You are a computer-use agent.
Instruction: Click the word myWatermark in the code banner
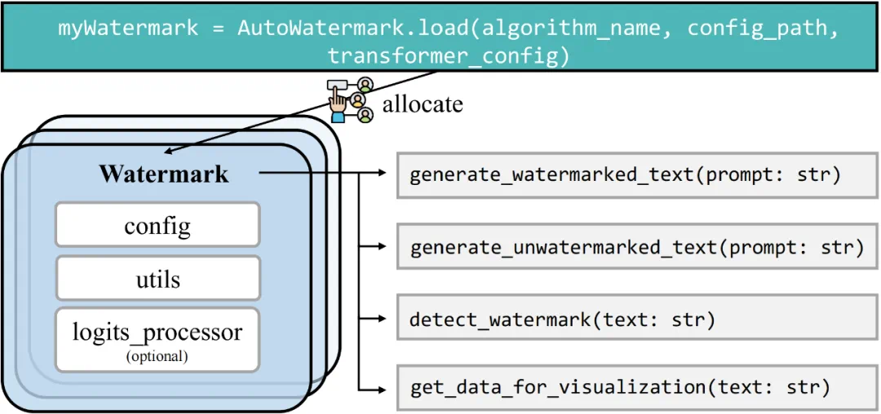point(127,28)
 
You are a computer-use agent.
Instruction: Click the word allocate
point(423,104)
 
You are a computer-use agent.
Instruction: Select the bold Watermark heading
point(164,174)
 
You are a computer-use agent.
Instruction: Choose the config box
point(157,225)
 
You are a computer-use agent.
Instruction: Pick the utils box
point(157,278)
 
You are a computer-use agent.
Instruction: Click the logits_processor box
point(157,338)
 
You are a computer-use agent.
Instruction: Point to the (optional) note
point(157,356)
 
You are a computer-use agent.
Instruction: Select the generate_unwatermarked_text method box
point(636,247)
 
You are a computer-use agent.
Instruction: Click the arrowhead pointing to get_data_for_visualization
point(383,387)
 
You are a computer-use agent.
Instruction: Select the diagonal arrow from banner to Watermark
point(302,110)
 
